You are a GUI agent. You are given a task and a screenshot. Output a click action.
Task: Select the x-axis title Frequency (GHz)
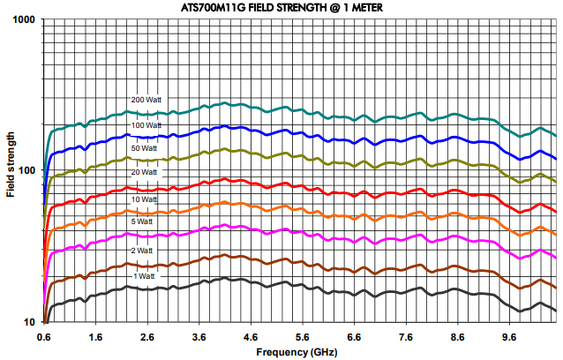point(299,351)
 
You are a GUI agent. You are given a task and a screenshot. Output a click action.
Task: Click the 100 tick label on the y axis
point(26,170)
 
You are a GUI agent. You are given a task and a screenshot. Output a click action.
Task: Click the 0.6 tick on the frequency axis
point(44,336)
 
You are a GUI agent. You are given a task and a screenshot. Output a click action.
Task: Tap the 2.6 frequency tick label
point(146,336)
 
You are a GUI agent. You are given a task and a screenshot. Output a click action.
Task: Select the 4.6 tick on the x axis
point(250,336)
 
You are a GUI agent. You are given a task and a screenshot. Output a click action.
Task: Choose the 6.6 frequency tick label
point(353,336)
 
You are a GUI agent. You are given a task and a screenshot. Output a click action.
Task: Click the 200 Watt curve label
point(146,100)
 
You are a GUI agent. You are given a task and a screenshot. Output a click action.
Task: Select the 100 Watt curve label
point(146,125)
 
